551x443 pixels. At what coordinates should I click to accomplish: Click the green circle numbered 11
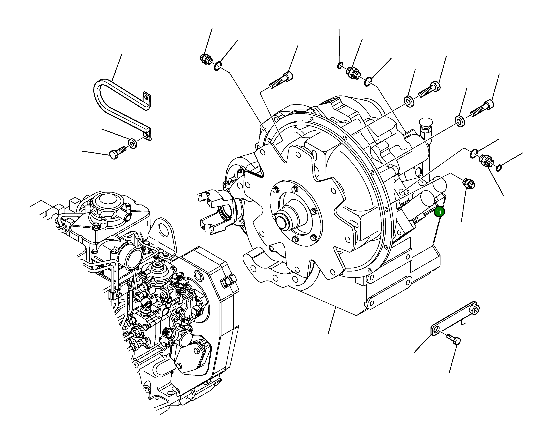coord(439,212)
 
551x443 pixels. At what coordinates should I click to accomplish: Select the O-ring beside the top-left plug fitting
coord(218,66)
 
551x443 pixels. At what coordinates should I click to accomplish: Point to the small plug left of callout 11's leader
coord(469,184)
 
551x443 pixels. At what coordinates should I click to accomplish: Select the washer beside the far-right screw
coord(460,121)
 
